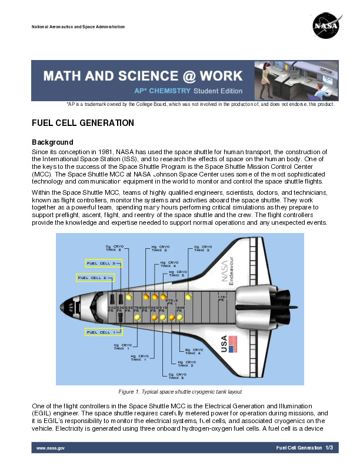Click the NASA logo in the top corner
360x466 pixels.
(325, 26)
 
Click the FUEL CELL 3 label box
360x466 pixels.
(104, 263)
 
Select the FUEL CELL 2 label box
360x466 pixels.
(95, 277)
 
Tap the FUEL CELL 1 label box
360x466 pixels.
(104, 332)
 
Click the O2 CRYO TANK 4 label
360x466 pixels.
(193, 351)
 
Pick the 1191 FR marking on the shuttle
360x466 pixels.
(222, 298)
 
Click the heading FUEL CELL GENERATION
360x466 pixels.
(83, 123)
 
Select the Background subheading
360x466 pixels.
(52, 142)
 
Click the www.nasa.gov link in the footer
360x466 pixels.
(51, 448)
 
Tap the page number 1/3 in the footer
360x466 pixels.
(329, 448)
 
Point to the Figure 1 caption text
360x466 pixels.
(180, 391)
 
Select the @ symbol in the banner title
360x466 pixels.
(175, 76)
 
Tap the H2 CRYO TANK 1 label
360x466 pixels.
(139, 358)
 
